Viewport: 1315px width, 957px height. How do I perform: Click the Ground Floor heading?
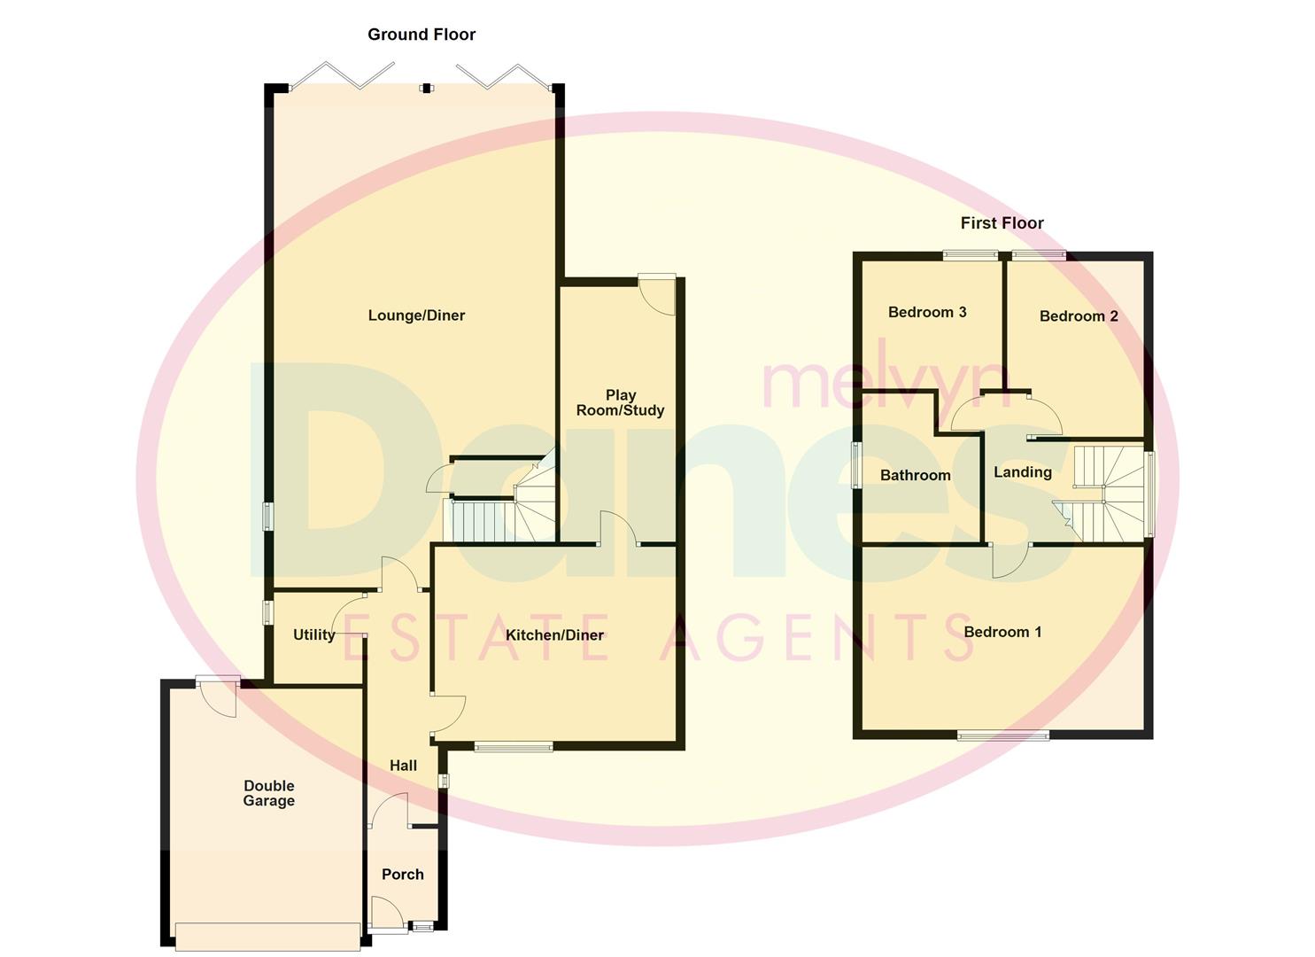422,35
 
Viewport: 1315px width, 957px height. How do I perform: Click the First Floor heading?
1002,223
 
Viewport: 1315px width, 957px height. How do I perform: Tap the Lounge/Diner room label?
416,315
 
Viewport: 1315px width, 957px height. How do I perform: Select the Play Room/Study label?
620,403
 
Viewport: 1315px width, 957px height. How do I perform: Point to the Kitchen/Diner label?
554,635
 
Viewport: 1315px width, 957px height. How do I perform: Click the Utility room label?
314,635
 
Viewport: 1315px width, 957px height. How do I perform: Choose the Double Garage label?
268,793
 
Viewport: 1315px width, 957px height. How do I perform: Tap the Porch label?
402,875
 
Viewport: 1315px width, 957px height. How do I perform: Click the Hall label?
403,766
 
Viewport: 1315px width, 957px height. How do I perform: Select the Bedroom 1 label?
1002,632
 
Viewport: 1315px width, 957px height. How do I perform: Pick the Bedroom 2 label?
1079,316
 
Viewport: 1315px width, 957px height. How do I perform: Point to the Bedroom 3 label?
927,312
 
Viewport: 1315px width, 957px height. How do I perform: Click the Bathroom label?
915,476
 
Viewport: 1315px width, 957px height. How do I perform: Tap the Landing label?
1022,472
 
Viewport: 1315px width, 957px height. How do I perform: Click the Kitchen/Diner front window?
513,747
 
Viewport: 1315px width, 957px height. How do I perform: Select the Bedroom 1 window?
1003,734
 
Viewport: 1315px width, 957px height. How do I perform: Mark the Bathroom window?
856,464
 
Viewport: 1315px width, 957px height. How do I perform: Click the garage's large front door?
268,937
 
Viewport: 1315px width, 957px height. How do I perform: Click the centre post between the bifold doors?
427,89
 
